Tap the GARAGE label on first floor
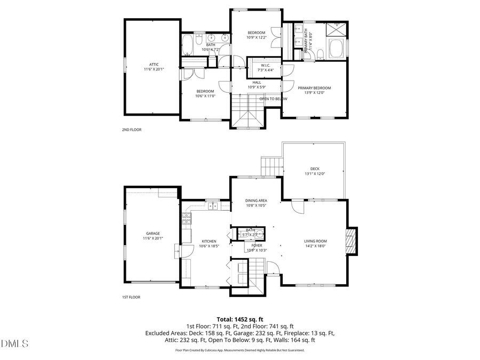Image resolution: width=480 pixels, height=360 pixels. (153, 234)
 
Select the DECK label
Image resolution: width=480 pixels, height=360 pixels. (315, 169)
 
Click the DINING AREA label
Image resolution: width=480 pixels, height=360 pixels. (256, 201)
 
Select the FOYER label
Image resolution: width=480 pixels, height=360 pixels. (256, 246)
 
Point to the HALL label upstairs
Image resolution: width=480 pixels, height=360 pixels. (256, 83)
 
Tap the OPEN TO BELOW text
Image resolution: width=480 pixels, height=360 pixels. (273, 99)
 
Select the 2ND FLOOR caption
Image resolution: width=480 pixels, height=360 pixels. (132, 130)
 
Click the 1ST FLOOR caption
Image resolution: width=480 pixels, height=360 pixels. (131, 297)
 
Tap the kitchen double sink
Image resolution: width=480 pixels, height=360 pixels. (213, 205)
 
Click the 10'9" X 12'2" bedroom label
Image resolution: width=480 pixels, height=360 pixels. (256, 35)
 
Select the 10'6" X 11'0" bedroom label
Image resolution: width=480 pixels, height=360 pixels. (205, 93)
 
